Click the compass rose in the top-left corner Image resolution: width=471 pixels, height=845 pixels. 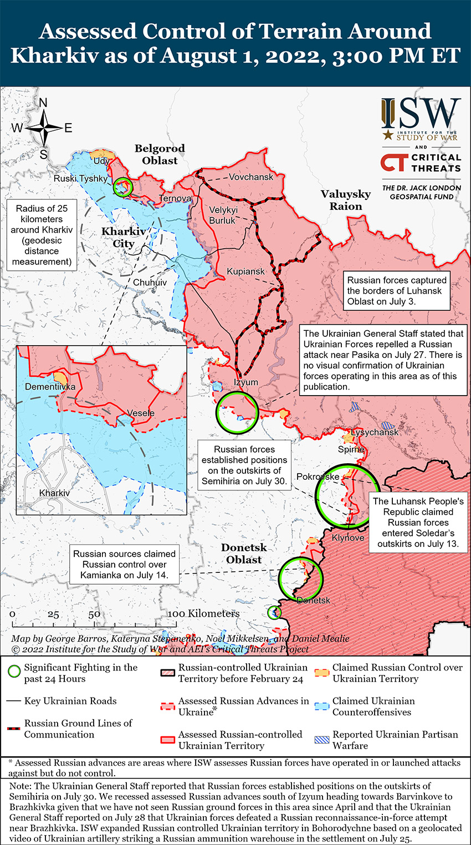click(x=43, y=129)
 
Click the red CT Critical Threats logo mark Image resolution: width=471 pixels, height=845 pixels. click(x=394, y=162)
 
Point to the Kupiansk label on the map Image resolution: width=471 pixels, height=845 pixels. click(x=245, y=272)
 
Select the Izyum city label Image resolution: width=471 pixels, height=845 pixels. click(x=245, y=382)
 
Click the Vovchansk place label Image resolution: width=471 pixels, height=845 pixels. click(x=251, y=177)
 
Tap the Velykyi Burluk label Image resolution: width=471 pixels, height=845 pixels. click(x=223, y=215)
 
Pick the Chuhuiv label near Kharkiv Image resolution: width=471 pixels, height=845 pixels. click(x=150, y=282)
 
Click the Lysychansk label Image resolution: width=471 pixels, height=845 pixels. click(x=375, y=432)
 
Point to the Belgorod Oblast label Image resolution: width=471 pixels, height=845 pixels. click(x=160, y=155)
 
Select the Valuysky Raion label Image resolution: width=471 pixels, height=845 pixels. click(x=346, y=200)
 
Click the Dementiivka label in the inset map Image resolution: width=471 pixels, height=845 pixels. click(x=50, y=386)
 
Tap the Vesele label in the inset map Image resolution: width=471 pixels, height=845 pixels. click(x=141, y=413)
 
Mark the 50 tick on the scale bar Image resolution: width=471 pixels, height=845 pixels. click(x=94, y=614)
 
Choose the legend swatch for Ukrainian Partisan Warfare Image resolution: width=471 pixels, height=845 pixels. click(x=322, y=740)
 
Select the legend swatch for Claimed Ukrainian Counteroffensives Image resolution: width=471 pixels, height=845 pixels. click(x=322, y=706)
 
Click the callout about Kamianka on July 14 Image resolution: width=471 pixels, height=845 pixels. click(x=124, y=565)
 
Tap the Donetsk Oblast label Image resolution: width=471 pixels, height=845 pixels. click(x=244, y=554)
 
